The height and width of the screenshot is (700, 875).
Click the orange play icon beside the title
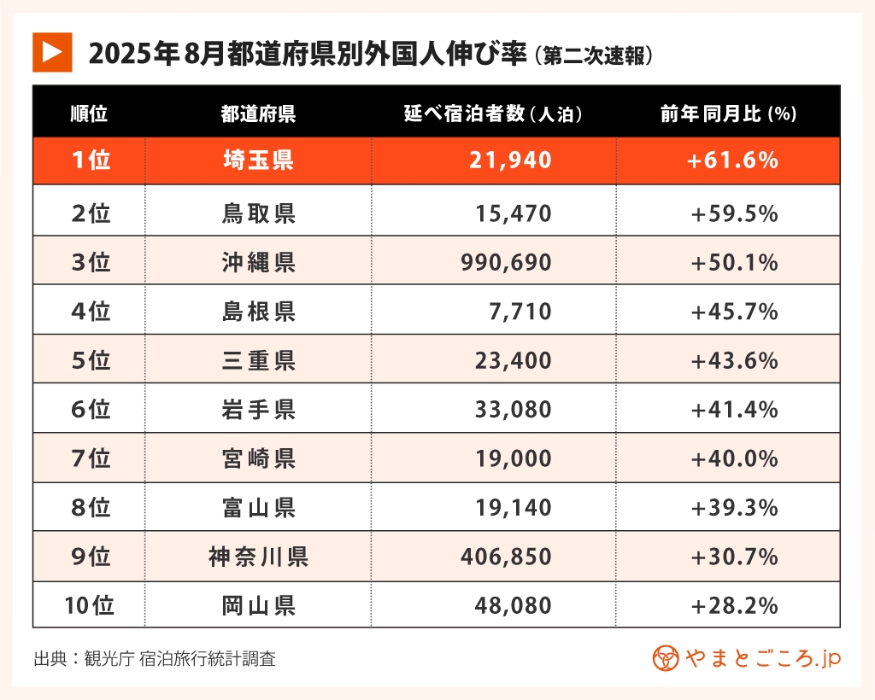[51, 53]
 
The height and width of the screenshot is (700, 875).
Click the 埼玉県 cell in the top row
[258, 160]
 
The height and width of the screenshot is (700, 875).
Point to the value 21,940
[510, 160]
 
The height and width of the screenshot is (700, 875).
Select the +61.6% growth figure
[733, 160]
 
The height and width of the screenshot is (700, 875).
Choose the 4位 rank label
[90, 312]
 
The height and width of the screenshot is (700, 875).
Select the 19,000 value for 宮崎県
[510, 459]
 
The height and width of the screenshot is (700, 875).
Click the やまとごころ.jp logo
[747, 658]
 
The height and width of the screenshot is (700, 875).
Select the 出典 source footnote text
[155, 659]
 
